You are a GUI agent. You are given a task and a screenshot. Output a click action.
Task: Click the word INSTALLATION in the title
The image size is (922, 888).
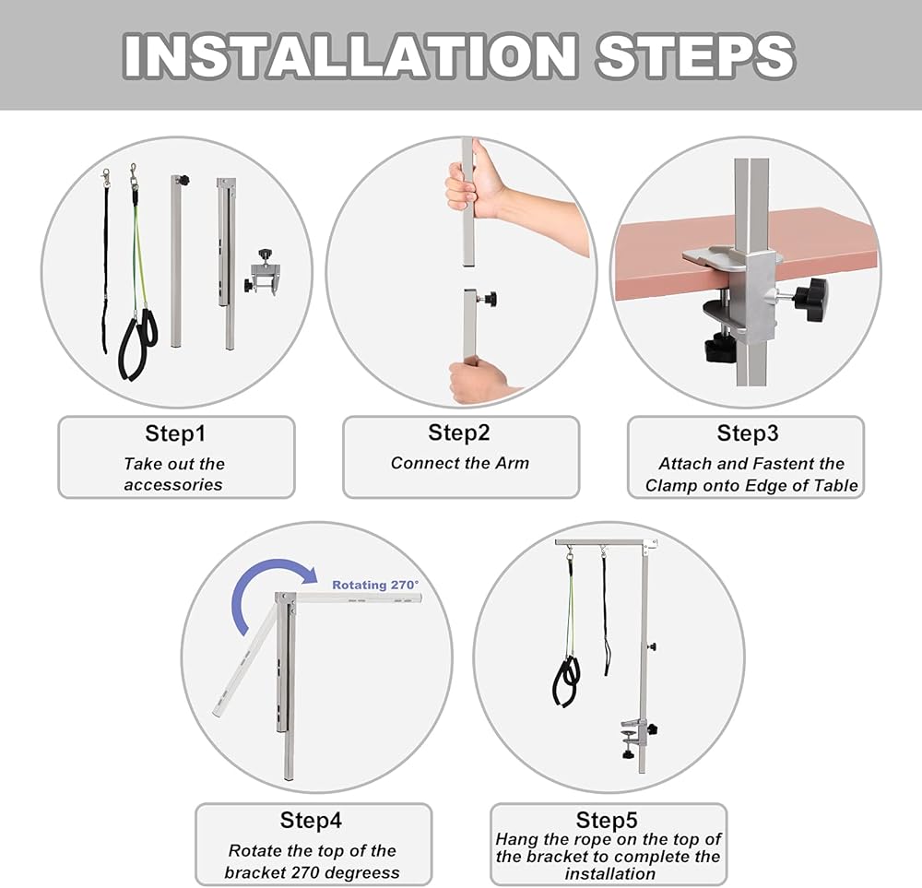pos(350,55)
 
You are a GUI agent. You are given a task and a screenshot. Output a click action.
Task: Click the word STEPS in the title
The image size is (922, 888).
pos(695,55)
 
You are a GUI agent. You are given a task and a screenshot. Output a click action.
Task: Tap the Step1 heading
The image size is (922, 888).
pos(175,433)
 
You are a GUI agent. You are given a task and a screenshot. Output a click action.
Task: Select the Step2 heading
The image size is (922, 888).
pos(458,432)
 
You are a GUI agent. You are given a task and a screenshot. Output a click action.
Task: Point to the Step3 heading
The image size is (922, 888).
pos(748,433)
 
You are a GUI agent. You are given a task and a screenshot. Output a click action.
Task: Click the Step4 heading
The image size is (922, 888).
pos(311,820)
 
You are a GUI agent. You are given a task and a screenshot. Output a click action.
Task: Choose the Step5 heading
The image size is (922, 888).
pos(607,820)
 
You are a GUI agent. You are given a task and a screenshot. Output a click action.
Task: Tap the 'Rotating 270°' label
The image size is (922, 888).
pos(376,586)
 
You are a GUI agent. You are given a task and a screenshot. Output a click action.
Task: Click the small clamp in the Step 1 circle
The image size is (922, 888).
pos(262,274)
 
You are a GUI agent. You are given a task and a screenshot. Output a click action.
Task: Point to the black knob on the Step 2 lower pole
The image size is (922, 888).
pos(490,299)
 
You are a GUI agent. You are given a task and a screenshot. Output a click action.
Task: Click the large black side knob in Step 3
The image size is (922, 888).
pos(810,300)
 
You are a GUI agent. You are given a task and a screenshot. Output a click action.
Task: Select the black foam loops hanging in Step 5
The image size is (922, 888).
pos(567,681)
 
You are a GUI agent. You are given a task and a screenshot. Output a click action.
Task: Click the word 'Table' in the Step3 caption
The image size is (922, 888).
pos(835,486)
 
